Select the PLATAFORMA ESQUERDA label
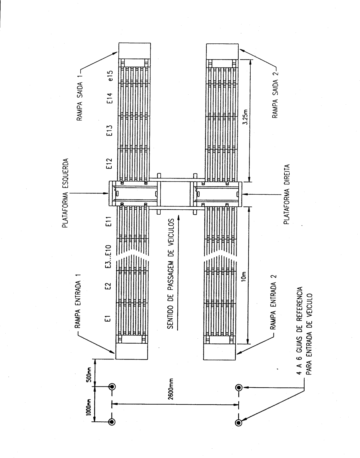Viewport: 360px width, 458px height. (x=65, y=193)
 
